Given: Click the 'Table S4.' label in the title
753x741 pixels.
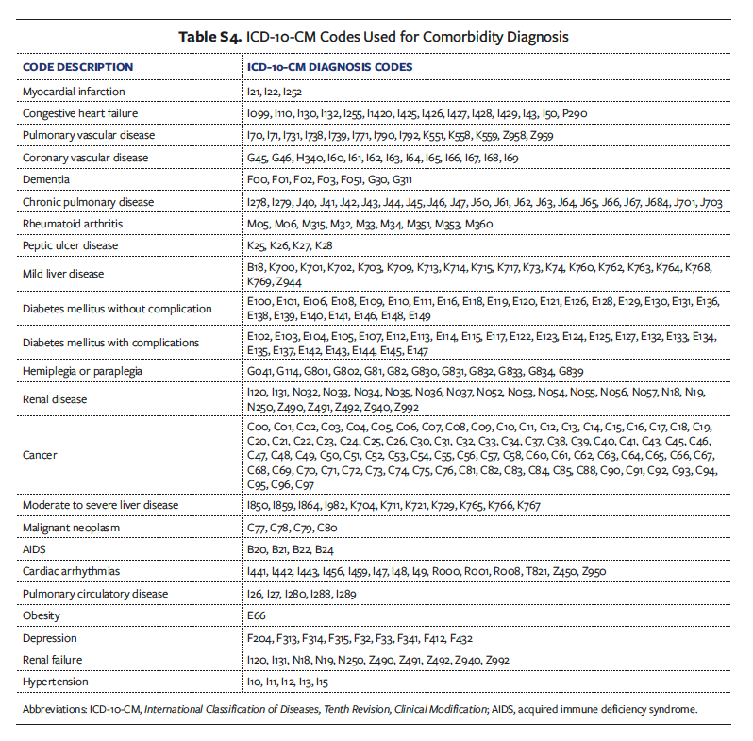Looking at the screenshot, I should click(x=211, y=37).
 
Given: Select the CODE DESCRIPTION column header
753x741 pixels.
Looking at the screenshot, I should click(x=78, y=67).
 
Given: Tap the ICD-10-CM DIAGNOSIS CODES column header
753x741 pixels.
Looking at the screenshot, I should click(x=328, y=67).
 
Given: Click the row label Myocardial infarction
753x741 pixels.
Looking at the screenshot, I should click(x=75, y=92).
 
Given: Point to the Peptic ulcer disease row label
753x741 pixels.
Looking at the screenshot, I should click(x=71, y=245).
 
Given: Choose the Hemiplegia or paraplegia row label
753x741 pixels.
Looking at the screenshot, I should click(x=83, y=371).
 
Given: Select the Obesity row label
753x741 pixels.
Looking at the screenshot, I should click(x=42, y=615).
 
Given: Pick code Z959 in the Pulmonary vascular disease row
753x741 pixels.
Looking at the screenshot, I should click(x=541, y=136).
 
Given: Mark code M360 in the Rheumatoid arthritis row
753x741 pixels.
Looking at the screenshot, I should click(x=477, y=224).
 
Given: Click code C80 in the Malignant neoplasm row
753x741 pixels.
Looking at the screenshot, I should click(x=326, y=528).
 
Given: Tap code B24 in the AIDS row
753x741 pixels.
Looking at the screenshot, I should click(x=324, y=549).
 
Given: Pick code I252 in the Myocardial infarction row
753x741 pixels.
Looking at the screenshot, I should click(x=290, y=92).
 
